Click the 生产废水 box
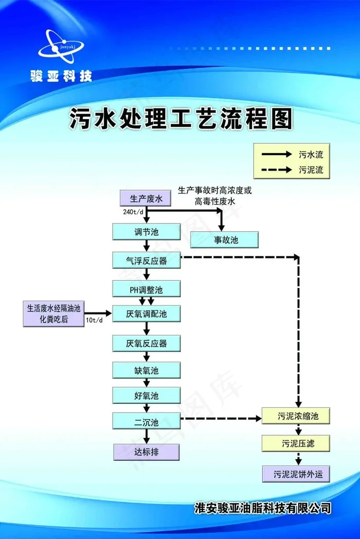(x=146, y=198)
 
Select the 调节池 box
(x=147, y=232)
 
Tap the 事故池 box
(x=224, y=239)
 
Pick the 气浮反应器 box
(x=147, y=261)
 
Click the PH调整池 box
(x=147, y=289)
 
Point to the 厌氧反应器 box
(x=147, y=343)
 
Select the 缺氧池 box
(x=147, y=370)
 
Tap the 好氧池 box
(x=147, y=395)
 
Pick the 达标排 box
(x=147, y=452)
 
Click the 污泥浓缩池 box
(x=296, y=415)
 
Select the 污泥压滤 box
(x=296, y=442)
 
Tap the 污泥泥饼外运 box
(x=296, y=474)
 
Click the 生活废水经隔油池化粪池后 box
(x=53, y=314)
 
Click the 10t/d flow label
(x=94, y=321)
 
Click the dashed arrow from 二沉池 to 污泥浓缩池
(x=221, y=419)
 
